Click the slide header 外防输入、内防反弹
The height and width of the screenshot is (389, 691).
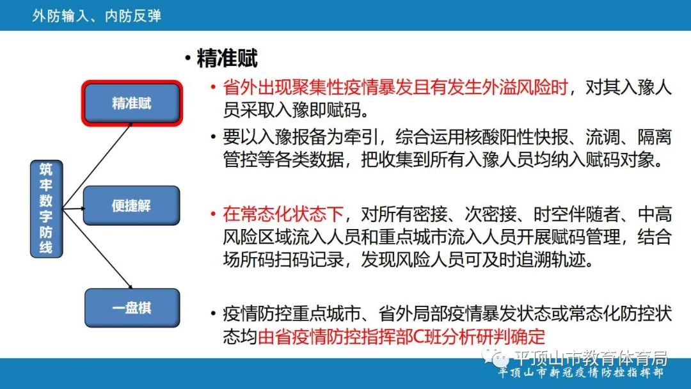tap(97, 15)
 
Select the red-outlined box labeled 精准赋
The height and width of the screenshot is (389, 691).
tap(132, 103)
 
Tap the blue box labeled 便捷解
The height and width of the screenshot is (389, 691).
tap(131, 206)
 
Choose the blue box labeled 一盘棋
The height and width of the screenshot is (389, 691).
tap(132, 307)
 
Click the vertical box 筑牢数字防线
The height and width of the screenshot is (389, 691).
tap(46, 209)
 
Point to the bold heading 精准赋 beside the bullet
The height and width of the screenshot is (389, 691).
tap(227, 59)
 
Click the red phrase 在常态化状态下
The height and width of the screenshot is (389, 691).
tap(283, 213)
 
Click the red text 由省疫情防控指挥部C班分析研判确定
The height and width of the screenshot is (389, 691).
tap(401, 337)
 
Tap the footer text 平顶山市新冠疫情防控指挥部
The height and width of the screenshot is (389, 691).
tap(581, 374)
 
